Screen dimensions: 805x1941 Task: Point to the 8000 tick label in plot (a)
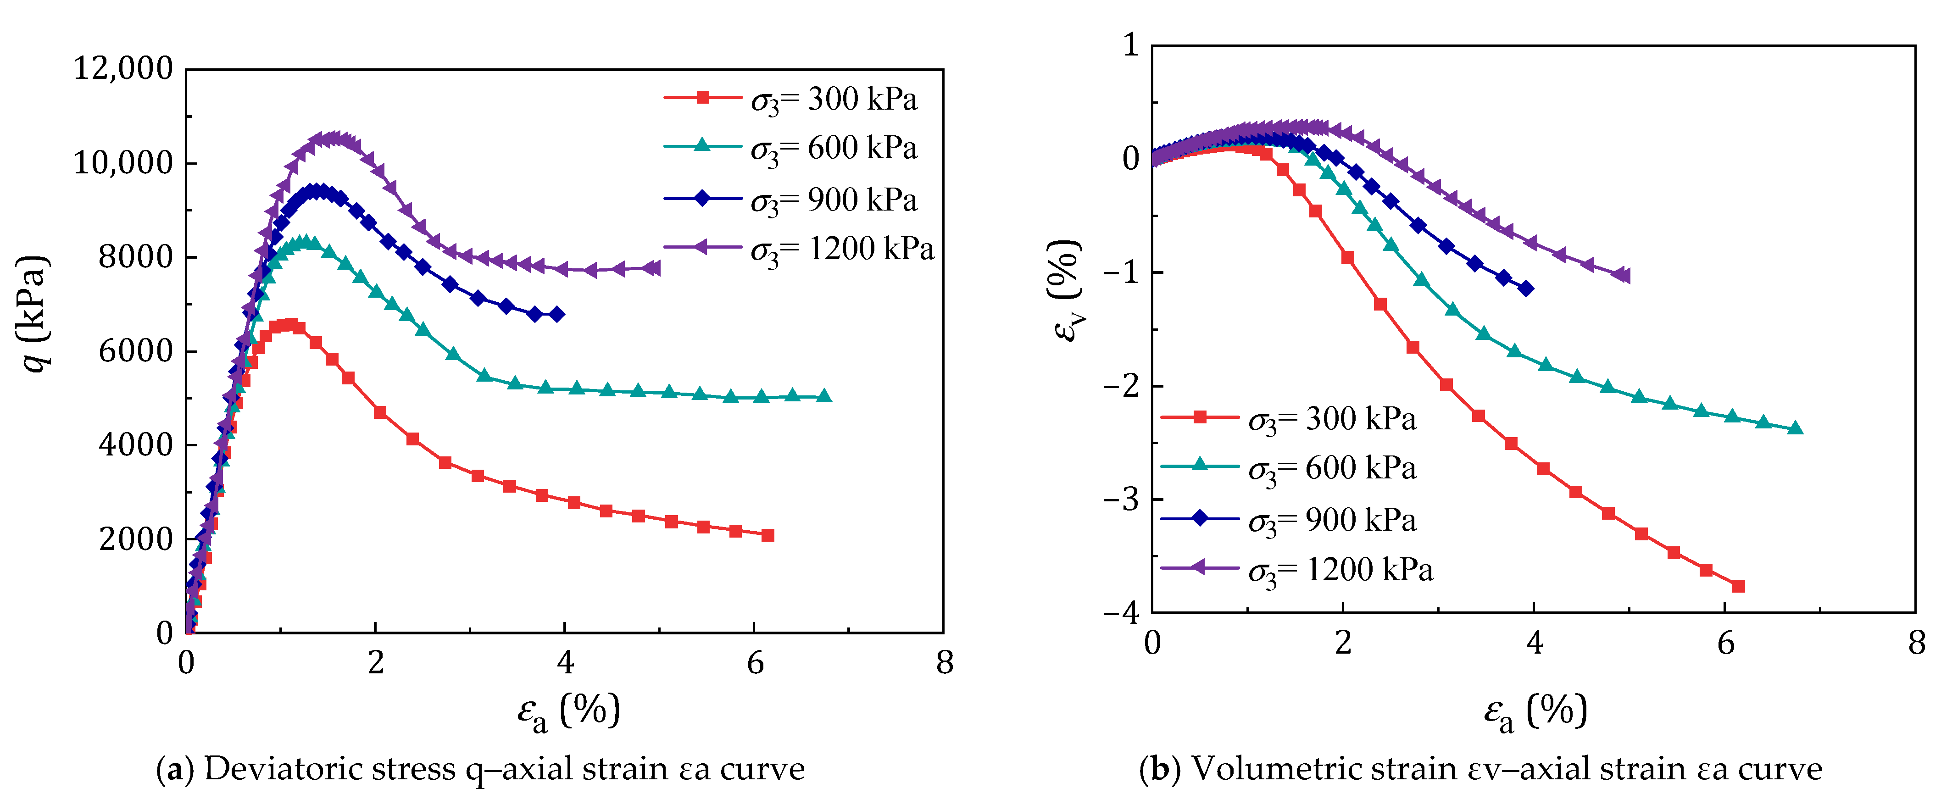[x=136, y=257]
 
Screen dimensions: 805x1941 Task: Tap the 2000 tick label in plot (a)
[x=136, y=539]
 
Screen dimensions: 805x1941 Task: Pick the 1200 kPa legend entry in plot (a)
[x=799, y=249]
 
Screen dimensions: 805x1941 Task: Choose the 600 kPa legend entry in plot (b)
[x=1289, y=468]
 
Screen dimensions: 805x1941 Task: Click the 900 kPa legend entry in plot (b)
[x=1289, y=520]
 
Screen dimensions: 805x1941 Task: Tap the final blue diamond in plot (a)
[x=557, y=314]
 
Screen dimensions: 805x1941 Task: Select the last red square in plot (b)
[x=1738, y=586]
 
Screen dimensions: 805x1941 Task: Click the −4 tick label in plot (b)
[x=1121, y=613]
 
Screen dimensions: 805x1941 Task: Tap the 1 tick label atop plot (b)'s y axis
[x=1130, y=45]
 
